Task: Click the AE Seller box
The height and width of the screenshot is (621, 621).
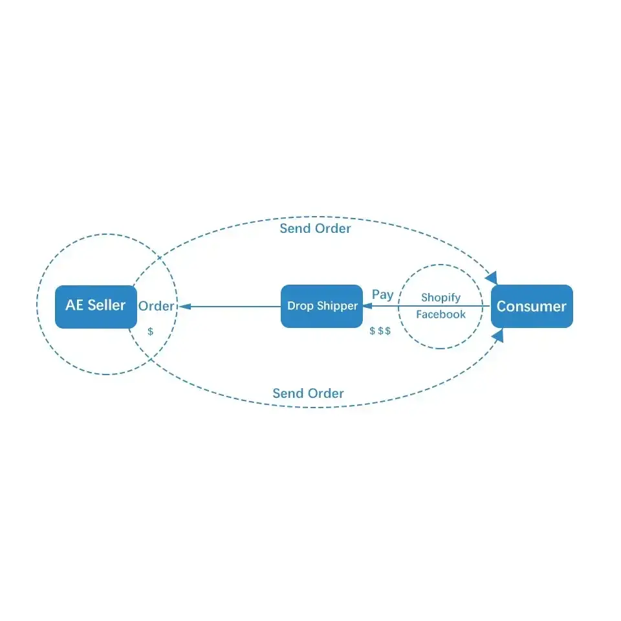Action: [96, 306]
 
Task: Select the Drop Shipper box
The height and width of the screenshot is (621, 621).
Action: [321, 306]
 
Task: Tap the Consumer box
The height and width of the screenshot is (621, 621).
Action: [532, 306]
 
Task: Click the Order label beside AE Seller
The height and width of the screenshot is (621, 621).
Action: [156, 306]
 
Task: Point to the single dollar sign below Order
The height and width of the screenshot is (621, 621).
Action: [151, 331]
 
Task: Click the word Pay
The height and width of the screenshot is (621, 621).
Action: [382, 294]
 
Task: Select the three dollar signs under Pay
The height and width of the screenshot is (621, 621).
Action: [380, 331]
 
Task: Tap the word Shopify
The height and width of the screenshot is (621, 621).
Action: [441, 298]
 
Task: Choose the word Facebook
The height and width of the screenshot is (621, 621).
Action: [441, 314]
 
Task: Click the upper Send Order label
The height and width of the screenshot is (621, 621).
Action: [315, 228]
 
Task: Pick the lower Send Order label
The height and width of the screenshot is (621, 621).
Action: [308, 393]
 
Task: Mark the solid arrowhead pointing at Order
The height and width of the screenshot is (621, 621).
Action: [182, 306]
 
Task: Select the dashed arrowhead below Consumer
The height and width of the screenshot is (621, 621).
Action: [497, 335]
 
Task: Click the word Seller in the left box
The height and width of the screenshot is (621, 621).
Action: [107, 305]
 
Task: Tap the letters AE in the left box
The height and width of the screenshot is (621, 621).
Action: [74, 305]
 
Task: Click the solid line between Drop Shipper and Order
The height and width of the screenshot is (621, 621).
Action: [233, 306]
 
